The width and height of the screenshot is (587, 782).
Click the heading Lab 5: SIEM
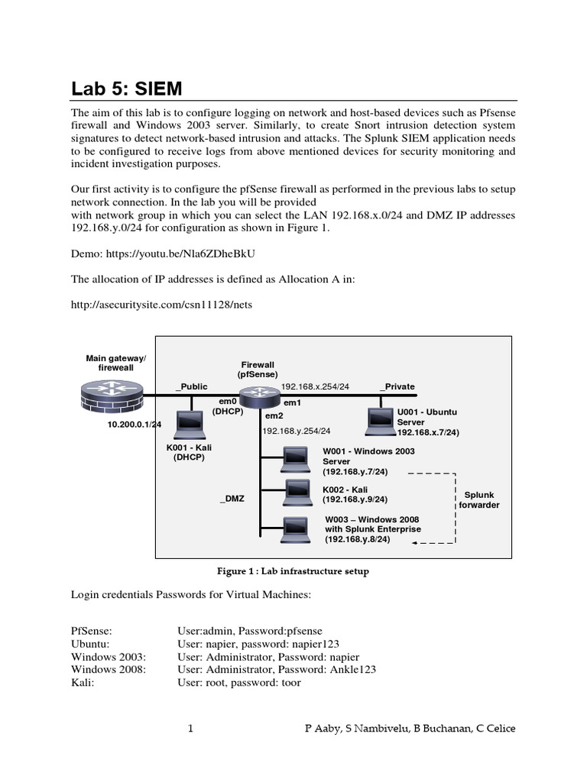[x=127, y=88]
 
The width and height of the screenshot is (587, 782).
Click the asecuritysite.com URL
[x=161, y=305]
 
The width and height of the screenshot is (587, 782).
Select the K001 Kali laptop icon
[x=188, y=423]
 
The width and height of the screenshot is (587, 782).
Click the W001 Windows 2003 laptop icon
[x=293, y=459]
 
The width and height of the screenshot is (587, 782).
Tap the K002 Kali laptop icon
[x=293, y=492]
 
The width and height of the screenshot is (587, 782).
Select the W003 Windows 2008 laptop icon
[x=293, y=528]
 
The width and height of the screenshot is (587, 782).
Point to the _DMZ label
[x=232, y=498]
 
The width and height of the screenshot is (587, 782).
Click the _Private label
[x=397, y=386]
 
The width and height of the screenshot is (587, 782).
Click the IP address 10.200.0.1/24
[x=135, y=425]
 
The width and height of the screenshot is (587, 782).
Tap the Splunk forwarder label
[x=478, y=499]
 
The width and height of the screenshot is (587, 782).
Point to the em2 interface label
[x=274, y=416]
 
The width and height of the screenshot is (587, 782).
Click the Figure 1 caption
[x=293, y=571]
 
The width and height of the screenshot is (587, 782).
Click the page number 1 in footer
[x=190, y=729]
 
